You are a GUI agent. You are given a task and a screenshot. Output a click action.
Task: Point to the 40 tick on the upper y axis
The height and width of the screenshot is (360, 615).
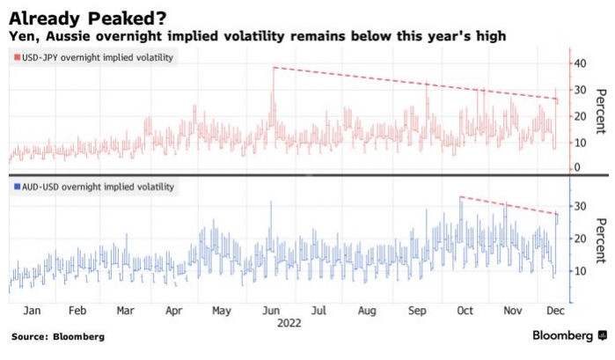click(x=581, y=63)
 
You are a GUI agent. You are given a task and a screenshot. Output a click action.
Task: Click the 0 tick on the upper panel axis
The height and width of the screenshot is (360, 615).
click(x=577, y=167)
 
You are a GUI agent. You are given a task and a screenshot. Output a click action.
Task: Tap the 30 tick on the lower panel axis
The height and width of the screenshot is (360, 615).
click(x=581, y=206)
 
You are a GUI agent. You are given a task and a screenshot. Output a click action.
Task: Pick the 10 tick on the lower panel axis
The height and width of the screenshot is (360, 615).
click(x=581, y=271)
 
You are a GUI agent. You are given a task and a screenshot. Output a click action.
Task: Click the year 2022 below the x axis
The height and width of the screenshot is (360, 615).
click(x=289, y=323)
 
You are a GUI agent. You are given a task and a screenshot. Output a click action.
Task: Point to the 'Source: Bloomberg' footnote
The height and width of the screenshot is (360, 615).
click(x=57, y=337)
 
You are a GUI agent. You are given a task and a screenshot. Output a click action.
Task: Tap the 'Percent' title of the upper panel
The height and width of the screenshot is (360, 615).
click(x=602, y=112)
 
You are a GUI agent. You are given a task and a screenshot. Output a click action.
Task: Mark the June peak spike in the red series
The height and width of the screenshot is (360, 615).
click(x=273, y=69)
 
